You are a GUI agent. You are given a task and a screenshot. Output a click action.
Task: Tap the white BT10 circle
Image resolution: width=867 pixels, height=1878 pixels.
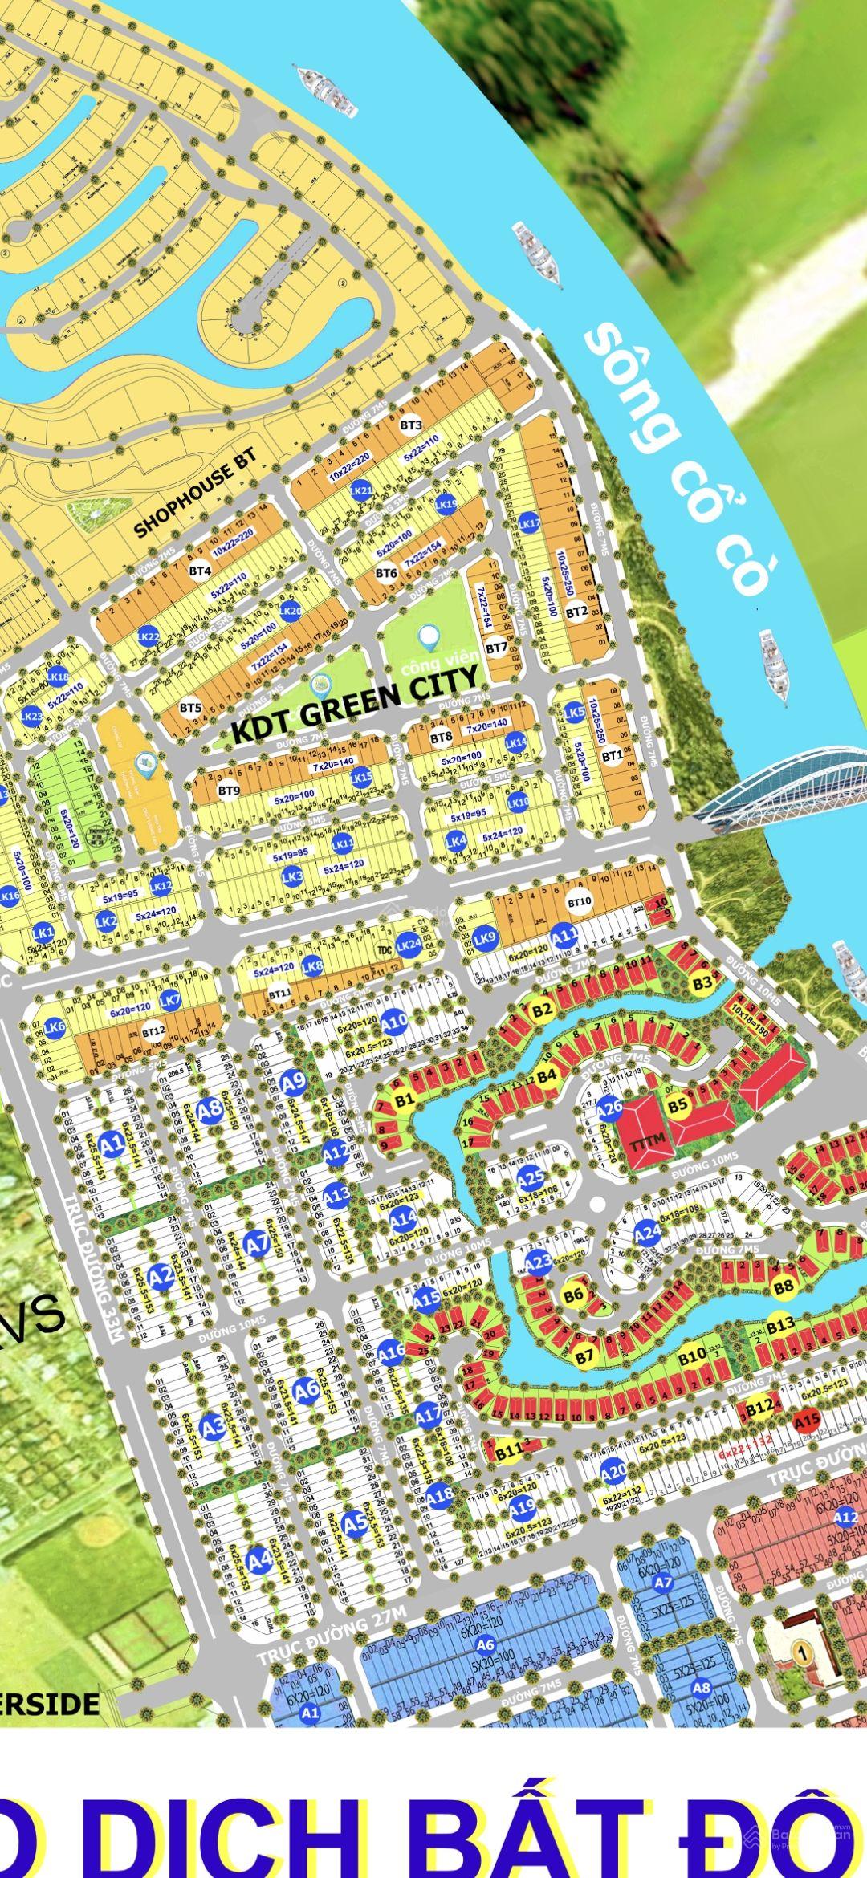579,901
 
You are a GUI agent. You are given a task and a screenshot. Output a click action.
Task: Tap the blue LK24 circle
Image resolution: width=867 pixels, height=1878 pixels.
409,945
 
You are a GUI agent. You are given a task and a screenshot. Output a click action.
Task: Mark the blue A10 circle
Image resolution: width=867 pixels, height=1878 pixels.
393,1022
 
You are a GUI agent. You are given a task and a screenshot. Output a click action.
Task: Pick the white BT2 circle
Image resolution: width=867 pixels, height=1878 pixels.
576,612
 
